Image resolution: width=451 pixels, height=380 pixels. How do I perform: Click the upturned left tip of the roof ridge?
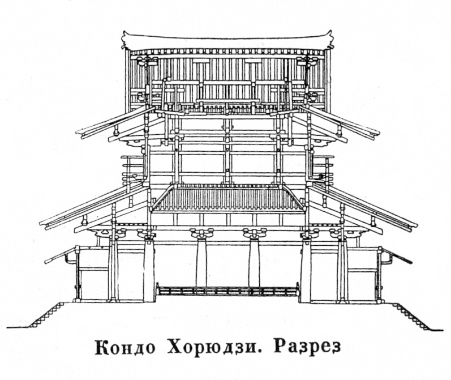(x=124, y=38)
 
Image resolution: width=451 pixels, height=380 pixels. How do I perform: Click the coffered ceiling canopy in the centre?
(x=227, y=198)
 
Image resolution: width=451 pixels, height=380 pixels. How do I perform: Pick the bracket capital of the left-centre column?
(x=202, y=233)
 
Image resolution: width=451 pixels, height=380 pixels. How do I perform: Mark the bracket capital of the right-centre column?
(x=254, y=233)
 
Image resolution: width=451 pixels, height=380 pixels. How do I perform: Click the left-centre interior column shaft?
(x=201, y=263)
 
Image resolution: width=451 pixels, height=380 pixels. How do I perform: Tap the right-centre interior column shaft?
(x=254, y=263)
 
